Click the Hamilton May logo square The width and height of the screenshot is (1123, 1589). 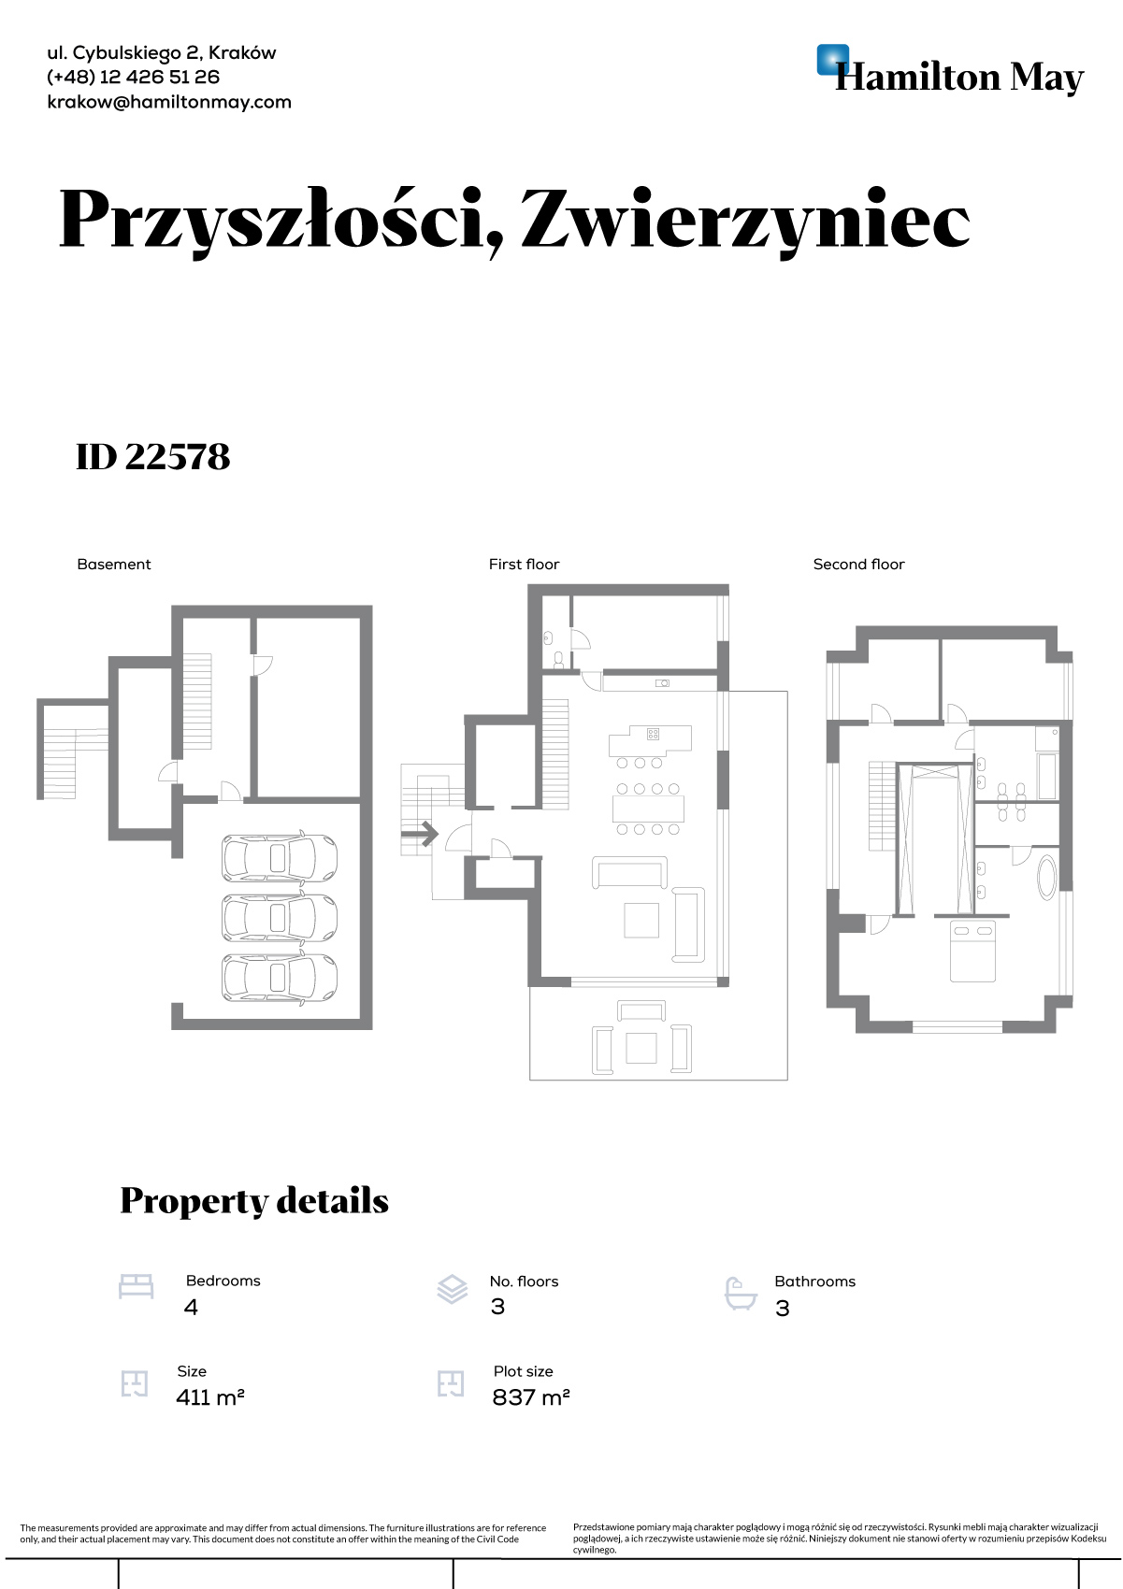[x=831, y=59]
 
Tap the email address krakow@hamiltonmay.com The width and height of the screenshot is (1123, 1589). [x=169, y=102]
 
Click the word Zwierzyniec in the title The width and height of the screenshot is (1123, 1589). [x=745, y=220]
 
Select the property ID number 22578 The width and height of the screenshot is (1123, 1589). [x=178, y=457]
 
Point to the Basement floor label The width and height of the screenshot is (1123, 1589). [x=113, y=565]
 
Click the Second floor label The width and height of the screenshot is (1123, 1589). [x=858, y=565]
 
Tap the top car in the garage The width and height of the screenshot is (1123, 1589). [x=279, y=857]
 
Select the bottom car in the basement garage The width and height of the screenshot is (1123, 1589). [x=279, y=978]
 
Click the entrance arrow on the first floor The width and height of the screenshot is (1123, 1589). [x=420, y=834]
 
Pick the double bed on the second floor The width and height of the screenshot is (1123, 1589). [x=972, y=951]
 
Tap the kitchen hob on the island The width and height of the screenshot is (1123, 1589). [x=653, y=734]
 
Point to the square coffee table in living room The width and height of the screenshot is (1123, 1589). [x=641, y=919]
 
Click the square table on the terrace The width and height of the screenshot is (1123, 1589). [x=641, y=1047]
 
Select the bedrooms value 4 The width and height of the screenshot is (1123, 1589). [x=191, y=1308]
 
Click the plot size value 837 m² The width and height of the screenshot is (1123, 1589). [x=530, y=1398]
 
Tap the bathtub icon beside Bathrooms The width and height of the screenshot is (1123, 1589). [x=741, y=1294]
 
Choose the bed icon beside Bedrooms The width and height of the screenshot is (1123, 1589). [x=136, y=1287]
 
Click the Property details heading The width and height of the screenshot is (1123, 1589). [x=253, y=1201]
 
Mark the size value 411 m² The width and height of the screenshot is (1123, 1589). [x=209, y=1398]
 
